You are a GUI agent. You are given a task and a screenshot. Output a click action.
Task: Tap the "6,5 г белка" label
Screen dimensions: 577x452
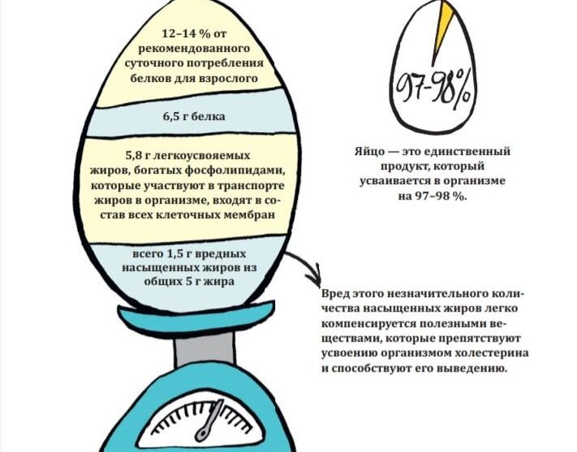click(192, 117)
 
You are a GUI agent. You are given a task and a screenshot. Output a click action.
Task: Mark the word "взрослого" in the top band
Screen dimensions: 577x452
click(230, 80)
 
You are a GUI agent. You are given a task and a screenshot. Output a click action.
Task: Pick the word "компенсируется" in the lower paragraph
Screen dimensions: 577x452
click(365, 324)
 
